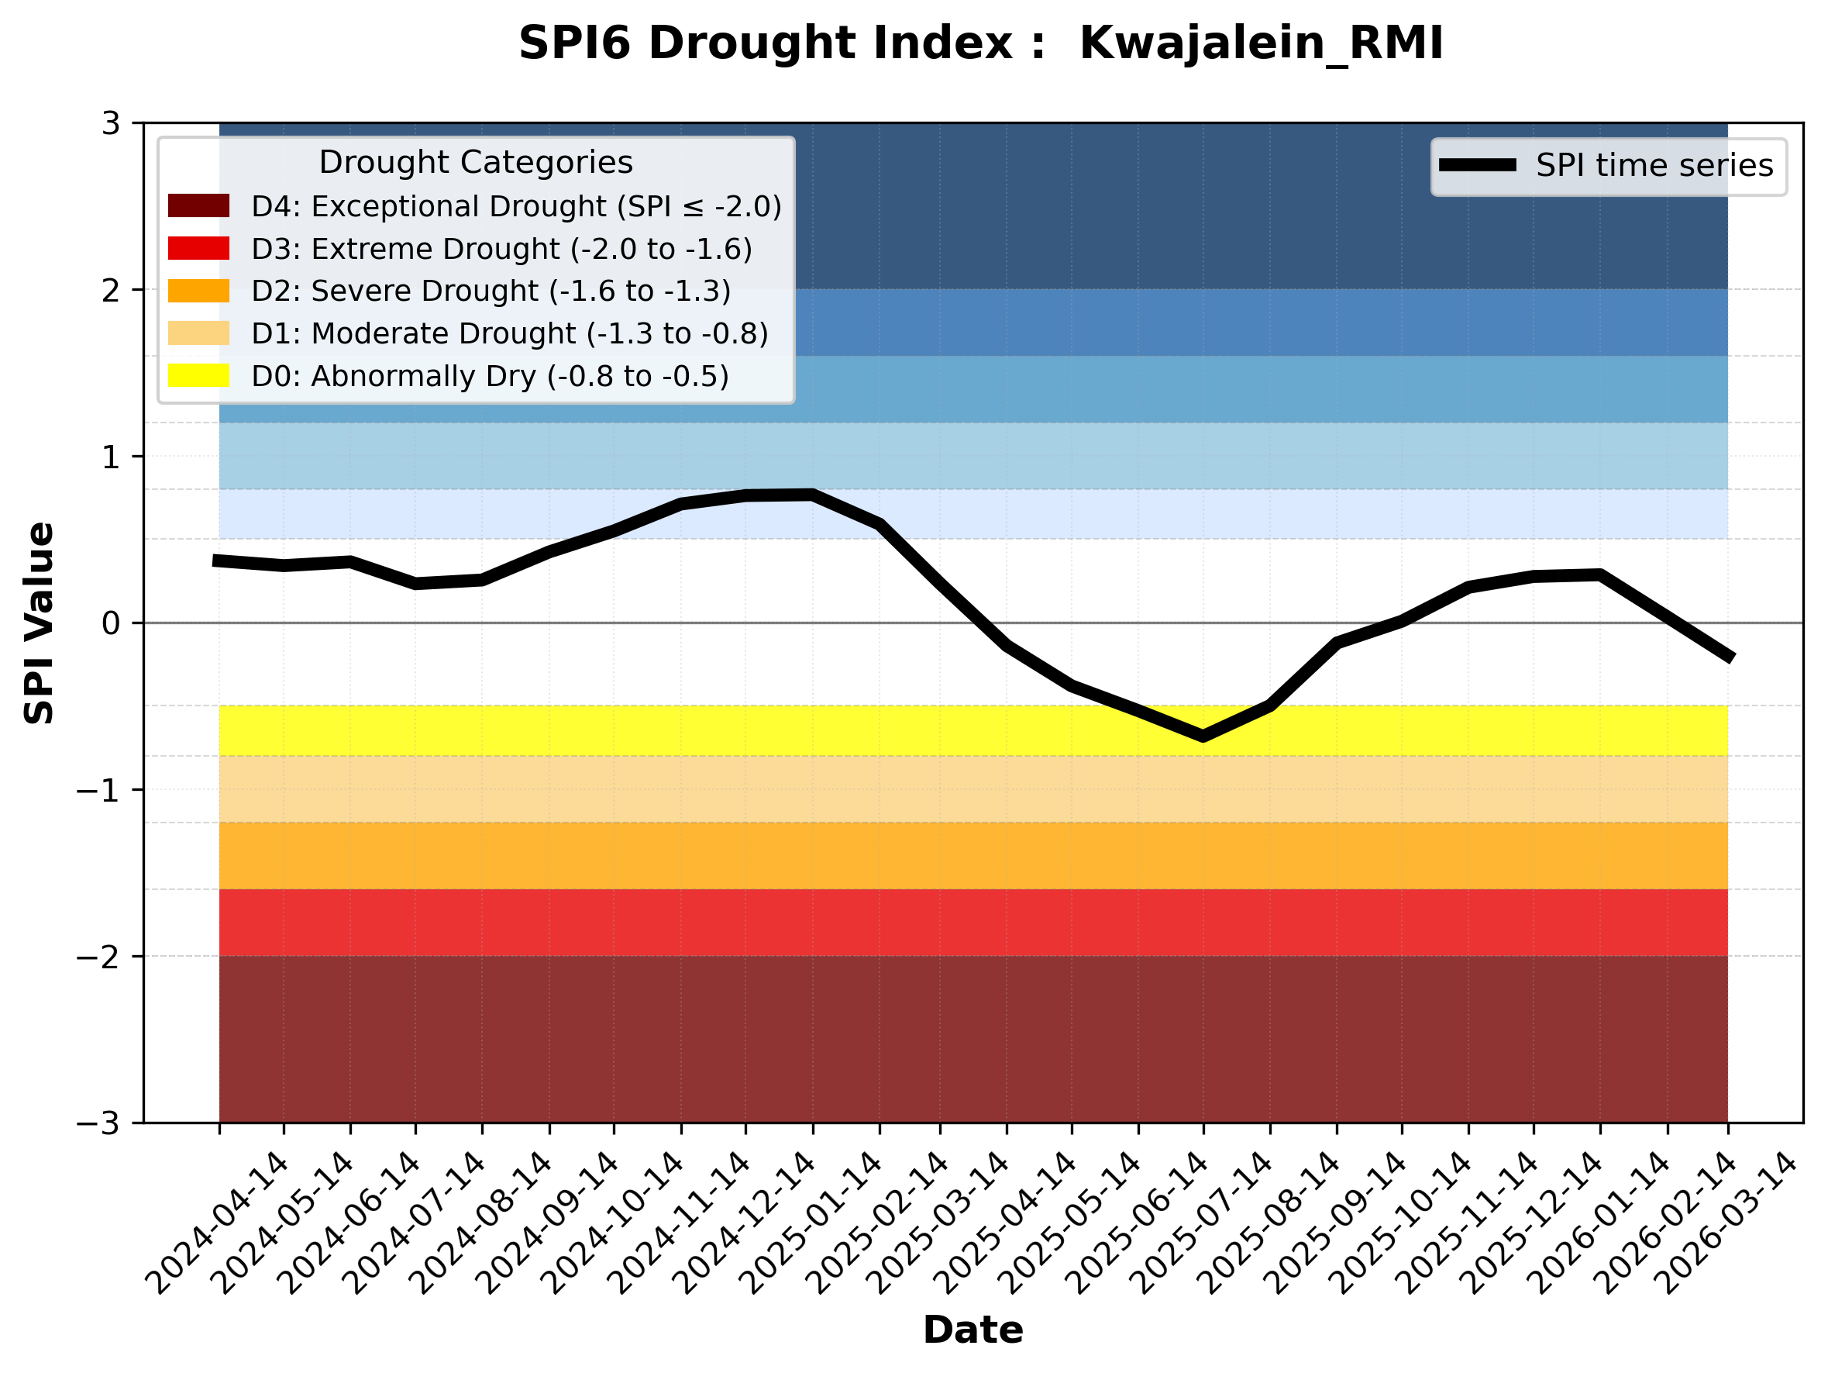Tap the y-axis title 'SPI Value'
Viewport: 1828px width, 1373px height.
coord(39,623)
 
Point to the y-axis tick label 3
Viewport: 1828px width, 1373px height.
coord(111,123)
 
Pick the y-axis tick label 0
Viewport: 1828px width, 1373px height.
coord(111,623)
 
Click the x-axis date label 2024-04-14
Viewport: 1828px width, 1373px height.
coord(219,1223)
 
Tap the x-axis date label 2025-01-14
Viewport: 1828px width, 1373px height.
coord(812,1223)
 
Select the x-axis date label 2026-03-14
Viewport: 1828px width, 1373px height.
coord(1727,1223)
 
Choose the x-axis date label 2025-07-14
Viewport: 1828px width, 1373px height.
coord(1203,1223)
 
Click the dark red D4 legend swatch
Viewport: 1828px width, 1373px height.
coord(198,205)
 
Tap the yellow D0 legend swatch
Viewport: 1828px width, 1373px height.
coord(198,375)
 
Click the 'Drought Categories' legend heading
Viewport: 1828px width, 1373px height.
coord(476,162)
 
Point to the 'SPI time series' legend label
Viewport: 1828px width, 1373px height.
coord(1654,165)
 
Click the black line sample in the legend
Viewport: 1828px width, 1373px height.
coord(1478,165)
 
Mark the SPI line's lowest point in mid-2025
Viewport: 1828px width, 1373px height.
coord(1203,736)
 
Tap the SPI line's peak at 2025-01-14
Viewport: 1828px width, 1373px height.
coord(812,495)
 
